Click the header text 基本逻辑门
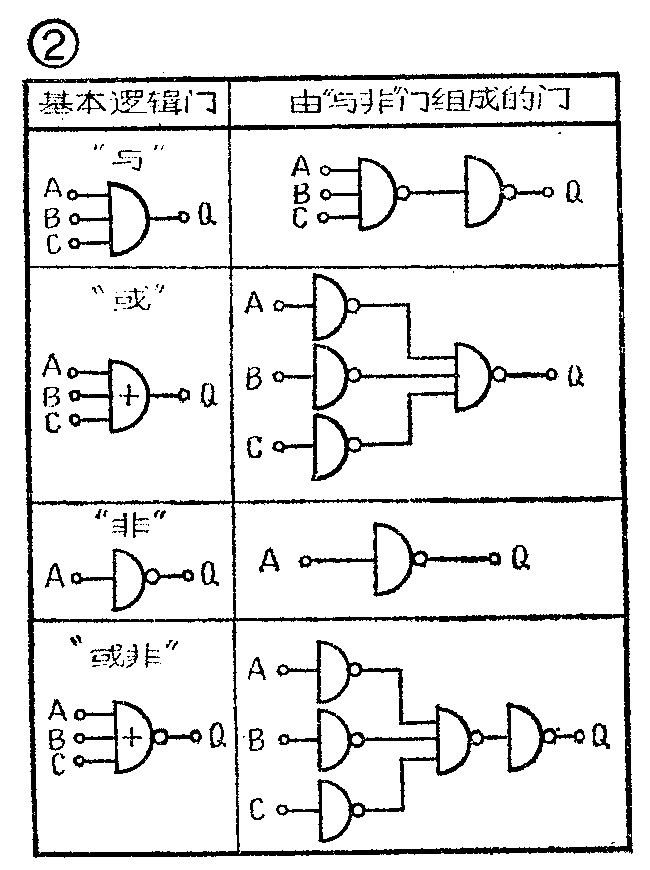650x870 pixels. (x=128, y=102)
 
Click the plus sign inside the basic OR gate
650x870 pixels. (x=129, y=394)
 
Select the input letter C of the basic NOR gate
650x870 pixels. (x=57, y=765)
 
